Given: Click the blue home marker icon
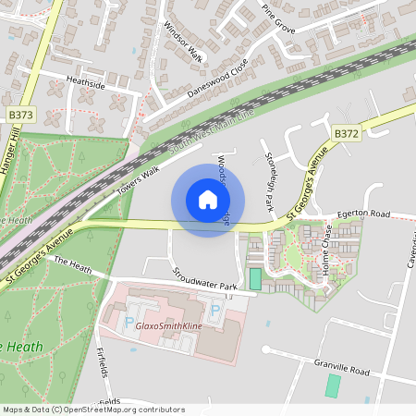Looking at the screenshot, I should pyautogui.click(x=208, y=200).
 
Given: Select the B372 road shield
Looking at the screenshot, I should pyautogui.click(x=347, y=134).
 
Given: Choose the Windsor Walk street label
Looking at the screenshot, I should pyautogui.click(x=183, y=43).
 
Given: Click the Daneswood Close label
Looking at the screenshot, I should pyautogui.click(x=218, y=80).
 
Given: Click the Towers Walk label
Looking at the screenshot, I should pyautogui.click(x=138, y=181).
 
